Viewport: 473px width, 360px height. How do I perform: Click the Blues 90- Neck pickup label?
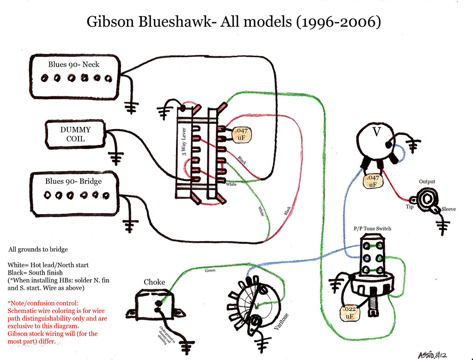74,65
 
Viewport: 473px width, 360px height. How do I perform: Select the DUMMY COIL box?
75,134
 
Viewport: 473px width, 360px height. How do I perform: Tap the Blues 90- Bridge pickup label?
73,181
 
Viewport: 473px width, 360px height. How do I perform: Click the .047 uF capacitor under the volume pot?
373,181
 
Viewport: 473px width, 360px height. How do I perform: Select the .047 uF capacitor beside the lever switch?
242,134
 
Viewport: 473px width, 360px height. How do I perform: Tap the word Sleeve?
449,210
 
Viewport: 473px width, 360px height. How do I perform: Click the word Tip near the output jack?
409,206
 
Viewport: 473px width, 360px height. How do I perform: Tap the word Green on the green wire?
210,270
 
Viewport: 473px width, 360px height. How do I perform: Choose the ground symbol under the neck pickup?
133,108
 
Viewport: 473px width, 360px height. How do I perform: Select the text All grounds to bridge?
38,249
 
